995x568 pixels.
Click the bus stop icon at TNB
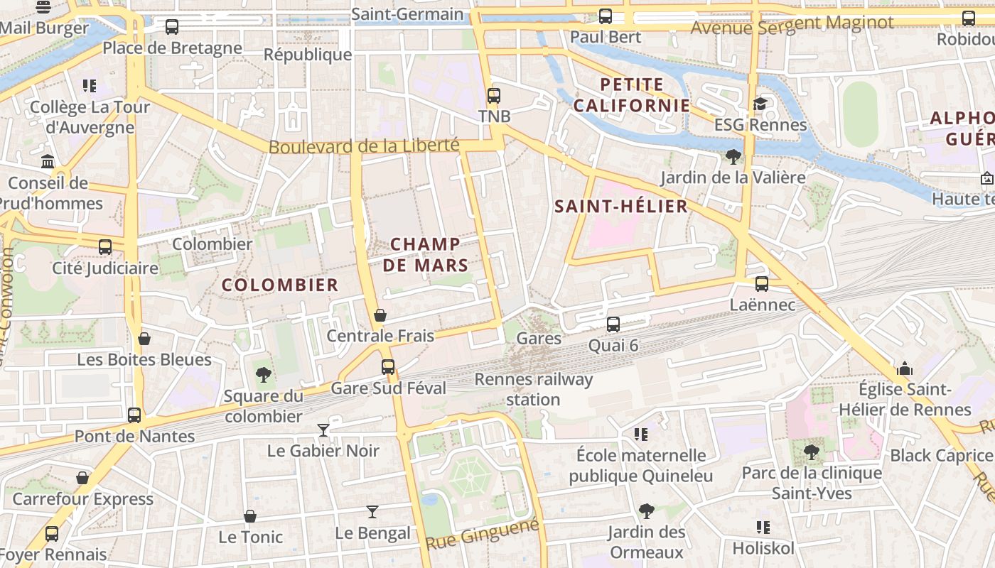[493, 95]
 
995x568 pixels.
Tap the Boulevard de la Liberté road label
[364, 146]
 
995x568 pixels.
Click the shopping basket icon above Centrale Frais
[380, 315]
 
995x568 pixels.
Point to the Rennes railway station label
[533, 389]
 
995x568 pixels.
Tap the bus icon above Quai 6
[613, 324]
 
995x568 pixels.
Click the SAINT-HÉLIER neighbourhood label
[620, 207]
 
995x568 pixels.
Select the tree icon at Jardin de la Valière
[733, 156]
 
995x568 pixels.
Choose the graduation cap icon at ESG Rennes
[760, 104]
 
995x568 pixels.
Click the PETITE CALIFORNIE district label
[631, 95]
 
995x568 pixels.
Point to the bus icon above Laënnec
[762, 284]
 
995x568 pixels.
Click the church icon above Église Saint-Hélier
[905, 368]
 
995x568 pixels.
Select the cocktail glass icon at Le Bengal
[372, 511]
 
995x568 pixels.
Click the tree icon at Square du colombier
[264, 374]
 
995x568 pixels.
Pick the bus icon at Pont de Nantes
[134, 415]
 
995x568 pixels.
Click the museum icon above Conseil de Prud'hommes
[48, 162]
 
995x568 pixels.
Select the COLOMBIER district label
[280, 285]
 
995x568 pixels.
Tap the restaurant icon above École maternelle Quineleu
[640, 434]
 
